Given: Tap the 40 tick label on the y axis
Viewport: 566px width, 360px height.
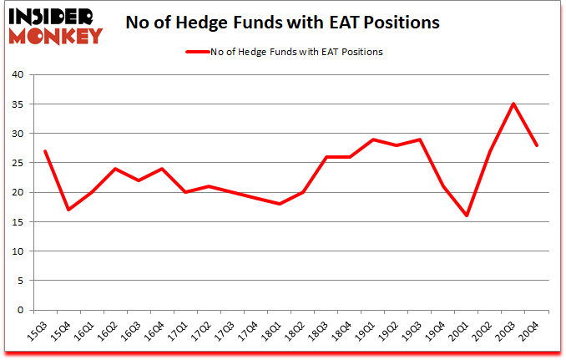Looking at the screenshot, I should [17, 75].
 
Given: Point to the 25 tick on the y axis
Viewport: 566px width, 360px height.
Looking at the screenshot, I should [17, 163].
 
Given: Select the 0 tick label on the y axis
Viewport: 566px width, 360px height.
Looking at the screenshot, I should [20, 310].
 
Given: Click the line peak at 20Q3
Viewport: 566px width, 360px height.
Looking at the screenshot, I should [513, 104].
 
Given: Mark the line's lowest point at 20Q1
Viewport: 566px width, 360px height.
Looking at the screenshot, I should [467, 215].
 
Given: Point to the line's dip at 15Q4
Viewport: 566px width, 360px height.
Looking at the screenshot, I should [68, 210].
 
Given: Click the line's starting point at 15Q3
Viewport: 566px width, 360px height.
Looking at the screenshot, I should [44, 151].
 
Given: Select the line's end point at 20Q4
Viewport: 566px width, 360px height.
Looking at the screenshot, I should [537, 145].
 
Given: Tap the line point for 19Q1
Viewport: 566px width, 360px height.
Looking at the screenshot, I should [373, 139].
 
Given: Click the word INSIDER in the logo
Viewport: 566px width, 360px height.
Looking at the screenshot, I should [52, 16].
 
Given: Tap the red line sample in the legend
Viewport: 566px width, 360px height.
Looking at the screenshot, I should [205, 52].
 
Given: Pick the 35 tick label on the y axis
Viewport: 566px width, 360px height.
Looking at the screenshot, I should [17, 104].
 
